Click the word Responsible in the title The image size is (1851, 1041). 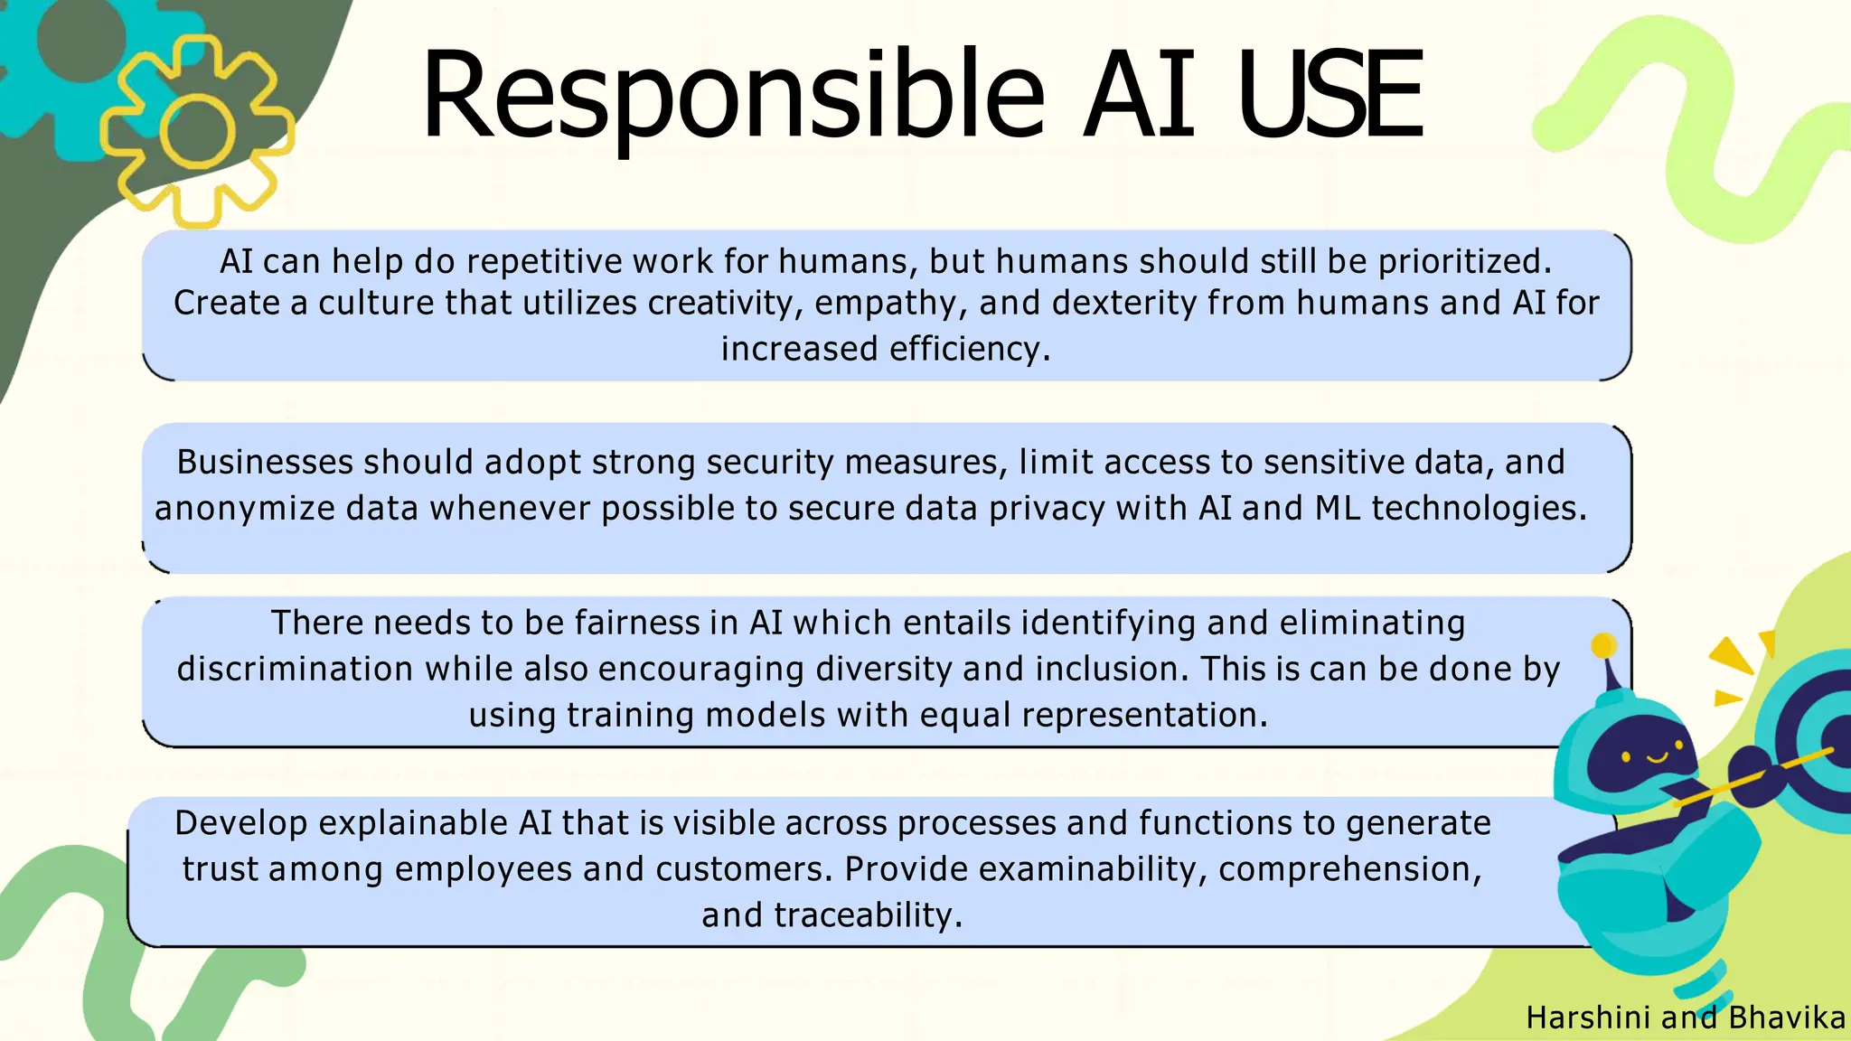[732, 98]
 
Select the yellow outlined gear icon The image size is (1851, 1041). [197, 132]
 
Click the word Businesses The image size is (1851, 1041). [265, 462]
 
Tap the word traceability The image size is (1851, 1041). [869, 915]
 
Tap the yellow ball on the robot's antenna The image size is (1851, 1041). [1604, 645]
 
